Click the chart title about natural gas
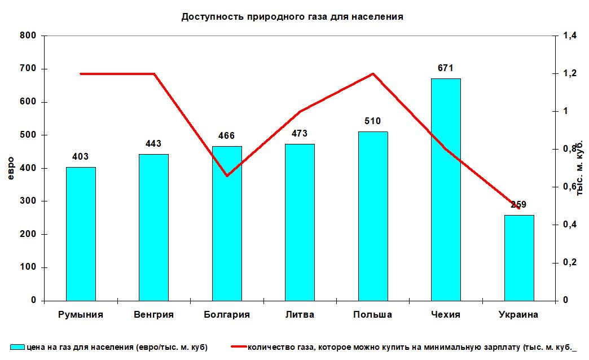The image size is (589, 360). tap(292, 17)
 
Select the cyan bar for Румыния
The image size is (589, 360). tap(81, 234)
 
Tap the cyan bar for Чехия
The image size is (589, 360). tap(446, 190)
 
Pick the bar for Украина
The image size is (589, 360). tap(518, 258)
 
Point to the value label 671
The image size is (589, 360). tap(446, 68)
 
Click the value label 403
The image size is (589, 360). tap(81, 157)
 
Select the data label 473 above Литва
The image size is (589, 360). tap(300, 134)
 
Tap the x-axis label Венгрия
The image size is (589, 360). tap(153, 315)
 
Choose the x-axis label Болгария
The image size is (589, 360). tap(227, 315)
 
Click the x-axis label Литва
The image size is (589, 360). tap(300, 315)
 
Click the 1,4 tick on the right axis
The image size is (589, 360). tap(570, 36)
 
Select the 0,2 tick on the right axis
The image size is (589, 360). tap(570, 262)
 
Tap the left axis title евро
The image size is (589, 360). tap(10, 168)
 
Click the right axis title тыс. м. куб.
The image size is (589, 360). tap(579, 168)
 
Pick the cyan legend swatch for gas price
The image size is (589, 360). tap(17, 348)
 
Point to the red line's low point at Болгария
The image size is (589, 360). tap(227, 176)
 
